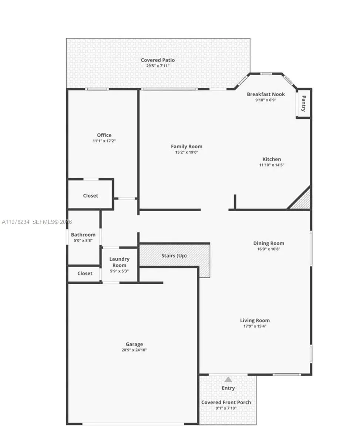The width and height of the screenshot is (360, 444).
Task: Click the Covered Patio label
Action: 158,60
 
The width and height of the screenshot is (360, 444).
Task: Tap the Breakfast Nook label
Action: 266,94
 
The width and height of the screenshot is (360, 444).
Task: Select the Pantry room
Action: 303,104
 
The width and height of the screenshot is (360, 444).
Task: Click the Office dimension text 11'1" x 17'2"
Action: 104,141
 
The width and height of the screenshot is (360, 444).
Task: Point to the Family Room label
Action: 186,147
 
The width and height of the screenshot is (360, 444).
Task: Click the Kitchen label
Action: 272,159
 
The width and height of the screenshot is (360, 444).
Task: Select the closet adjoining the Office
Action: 90,195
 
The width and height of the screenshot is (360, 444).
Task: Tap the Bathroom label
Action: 83,235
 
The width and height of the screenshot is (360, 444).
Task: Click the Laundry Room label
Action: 119,262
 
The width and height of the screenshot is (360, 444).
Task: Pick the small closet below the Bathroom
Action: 85,273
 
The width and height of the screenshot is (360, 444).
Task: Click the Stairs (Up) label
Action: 174,256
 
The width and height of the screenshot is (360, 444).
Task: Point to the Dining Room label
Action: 269,243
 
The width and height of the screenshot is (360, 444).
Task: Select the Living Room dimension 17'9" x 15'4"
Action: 255,326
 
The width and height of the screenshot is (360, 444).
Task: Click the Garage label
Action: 134,344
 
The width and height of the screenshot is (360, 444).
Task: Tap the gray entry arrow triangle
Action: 228,379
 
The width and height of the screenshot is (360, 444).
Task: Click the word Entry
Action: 228,388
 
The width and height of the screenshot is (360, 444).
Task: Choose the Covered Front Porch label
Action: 226,402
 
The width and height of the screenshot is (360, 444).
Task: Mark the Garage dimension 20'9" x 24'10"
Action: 134,350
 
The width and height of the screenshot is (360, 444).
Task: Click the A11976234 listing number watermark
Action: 16,222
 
